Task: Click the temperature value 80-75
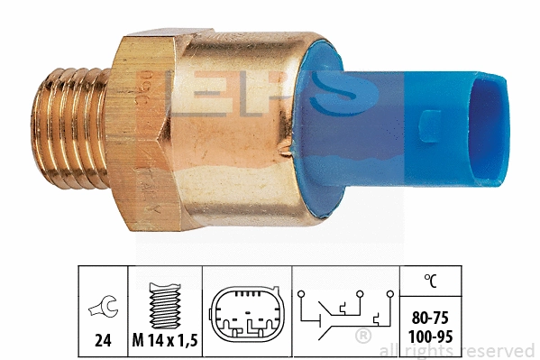point(431,318)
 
